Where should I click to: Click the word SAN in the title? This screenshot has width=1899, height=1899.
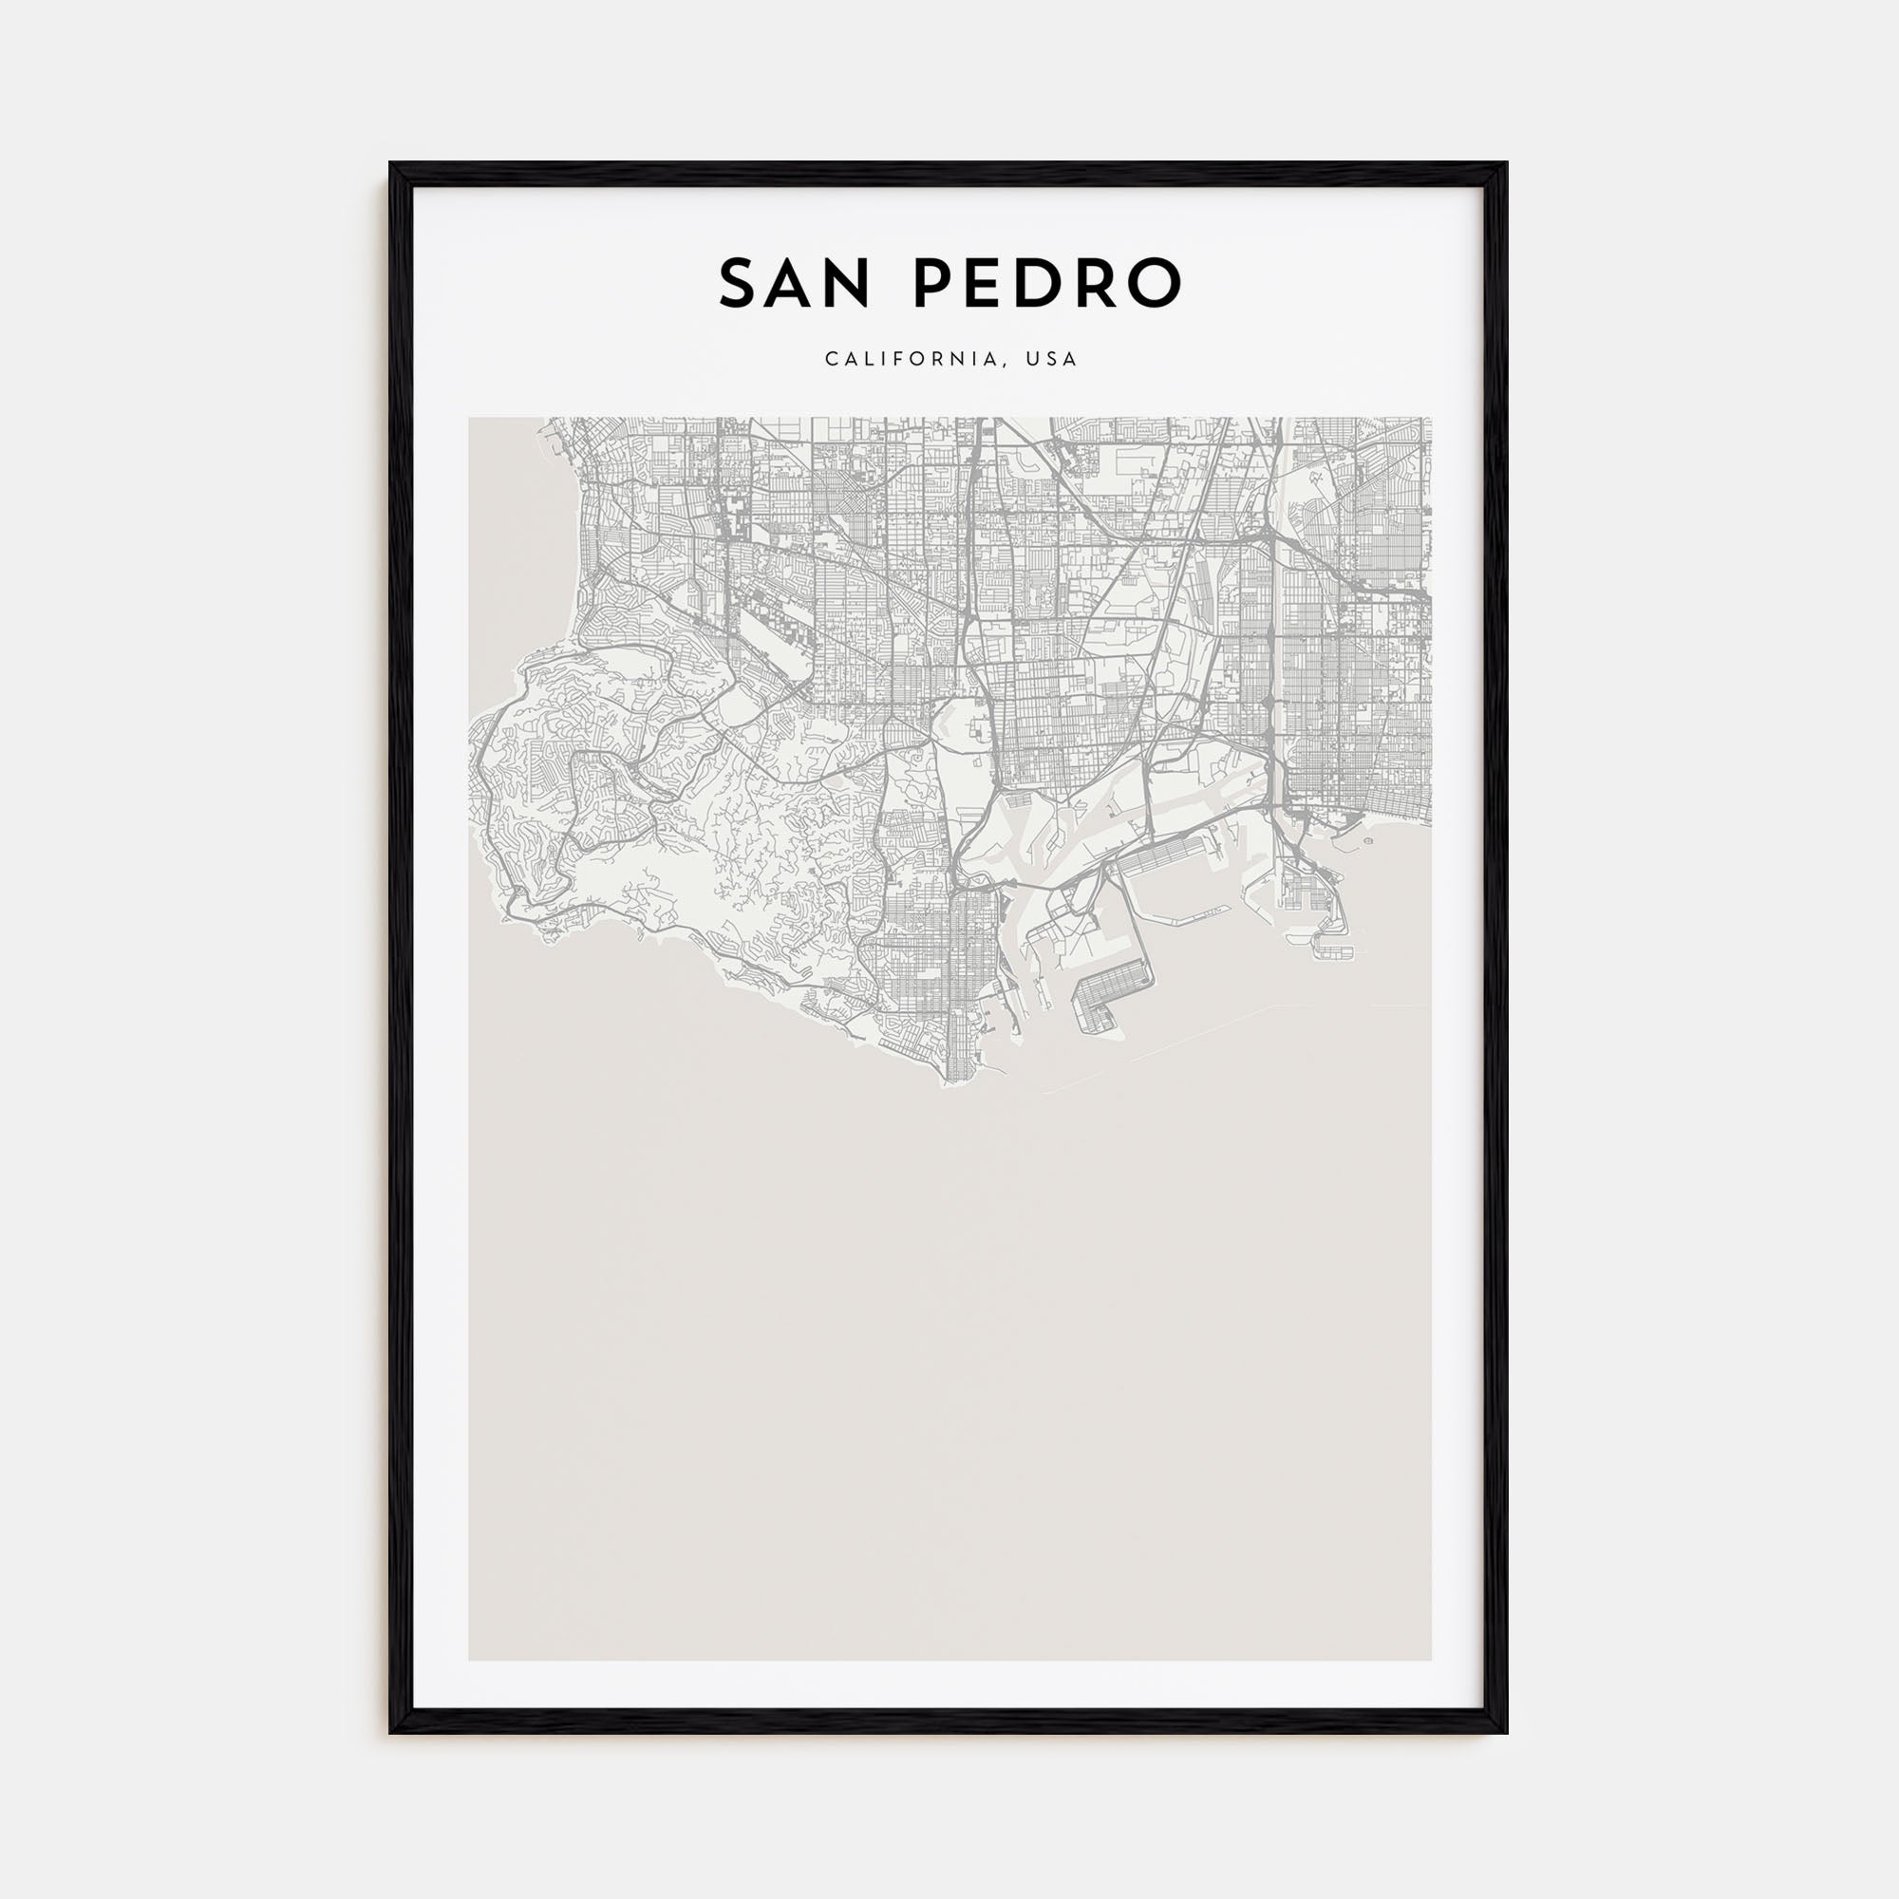pyautogui.click(x=794, y=284)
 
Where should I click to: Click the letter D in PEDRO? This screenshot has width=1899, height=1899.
pyautogui.click(x=1048, y=284)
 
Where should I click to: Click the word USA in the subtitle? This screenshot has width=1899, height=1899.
pyautogui.click(x=1052, y=360)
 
